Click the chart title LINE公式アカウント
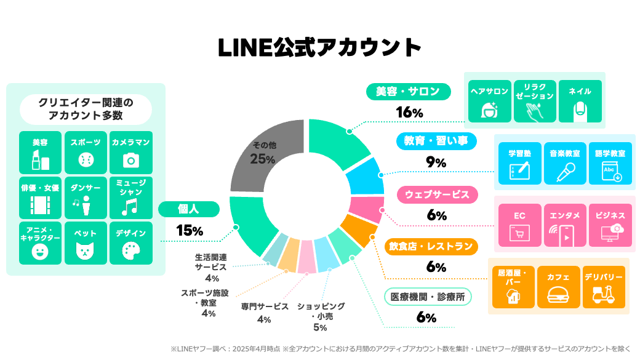[320, 47]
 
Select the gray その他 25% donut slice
[265, 154]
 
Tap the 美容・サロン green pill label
[409, 92]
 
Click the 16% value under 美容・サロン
[409, 113]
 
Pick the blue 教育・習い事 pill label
[436, 142]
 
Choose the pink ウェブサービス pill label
[437, 195]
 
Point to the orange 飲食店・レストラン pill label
[431, 247]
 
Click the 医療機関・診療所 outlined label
[428, 297]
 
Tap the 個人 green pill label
[188, 209]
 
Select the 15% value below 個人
[189, 230]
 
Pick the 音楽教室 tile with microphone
[566, 164]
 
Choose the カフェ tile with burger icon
[558, 287]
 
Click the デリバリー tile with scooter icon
[604, 287]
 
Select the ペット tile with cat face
[86, 243]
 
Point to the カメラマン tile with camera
[130, 152]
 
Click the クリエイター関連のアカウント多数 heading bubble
[86, 109]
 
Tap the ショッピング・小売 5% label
[321, 316]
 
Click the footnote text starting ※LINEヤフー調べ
[400, 349]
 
